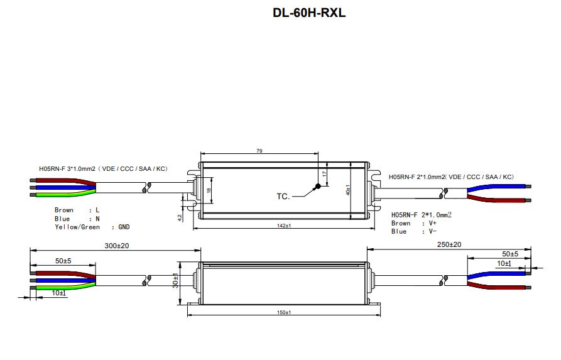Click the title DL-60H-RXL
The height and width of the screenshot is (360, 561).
(x=309, y=13)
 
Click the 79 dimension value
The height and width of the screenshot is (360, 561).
(x=259, y=151)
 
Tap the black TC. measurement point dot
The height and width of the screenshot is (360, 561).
(x=317, y=186)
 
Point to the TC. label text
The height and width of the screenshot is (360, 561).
(x=283, y=197)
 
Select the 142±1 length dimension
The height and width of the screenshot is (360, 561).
(x=284, y=226)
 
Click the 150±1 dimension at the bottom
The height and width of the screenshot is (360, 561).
(x=284, y=312)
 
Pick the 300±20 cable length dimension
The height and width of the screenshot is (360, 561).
(x=117, y=246)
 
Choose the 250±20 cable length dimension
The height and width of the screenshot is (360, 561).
(x=449, y=244)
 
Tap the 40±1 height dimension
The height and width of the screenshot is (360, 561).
(x=348, y=190)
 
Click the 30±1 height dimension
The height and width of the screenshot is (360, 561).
(x=175, y=281)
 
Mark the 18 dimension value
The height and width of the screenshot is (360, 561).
(x=209, y=190)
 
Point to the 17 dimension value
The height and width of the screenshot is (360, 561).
(x=325, y=174)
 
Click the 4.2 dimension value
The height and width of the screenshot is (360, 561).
(x=180, y=217)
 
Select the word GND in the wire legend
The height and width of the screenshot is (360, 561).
(x=124, y=227)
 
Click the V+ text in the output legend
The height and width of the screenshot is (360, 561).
(x=433, y=223)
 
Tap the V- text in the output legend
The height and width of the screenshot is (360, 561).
(x=433, y=232)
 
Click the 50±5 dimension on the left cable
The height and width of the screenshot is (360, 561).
(x=63, y=261)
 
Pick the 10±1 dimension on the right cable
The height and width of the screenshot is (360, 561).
(x=504, y=264)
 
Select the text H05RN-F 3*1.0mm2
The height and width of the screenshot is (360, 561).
(x=67, y=168)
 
